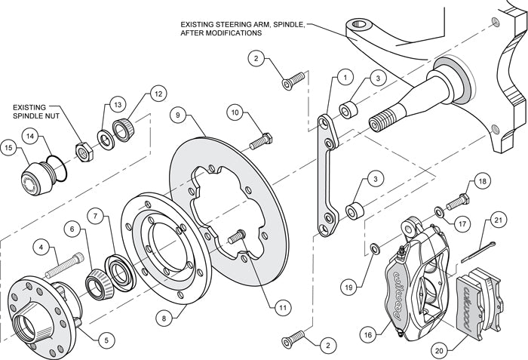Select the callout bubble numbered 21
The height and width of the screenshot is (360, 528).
point(498,220)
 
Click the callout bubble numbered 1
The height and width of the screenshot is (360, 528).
point(344,77)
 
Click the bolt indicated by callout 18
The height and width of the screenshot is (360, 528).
point(457,203)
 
